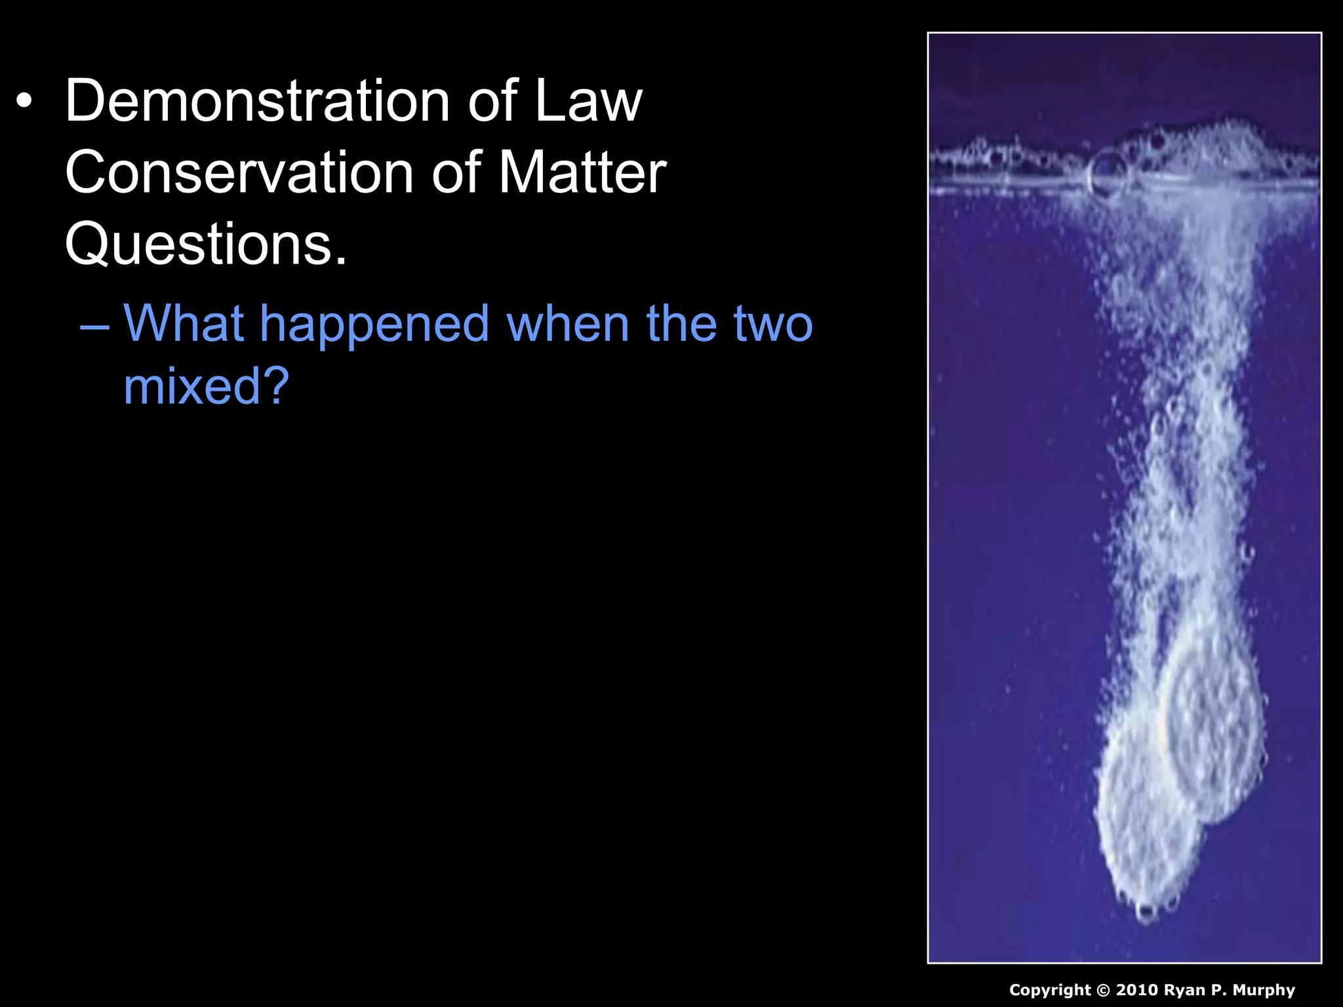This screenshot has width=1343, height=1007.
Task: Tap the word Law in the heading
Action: point(588,101)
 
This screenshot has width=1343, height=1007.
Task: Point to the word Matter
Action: point(582,172)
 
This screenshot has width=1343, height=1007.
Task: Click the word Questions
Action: point(205,244)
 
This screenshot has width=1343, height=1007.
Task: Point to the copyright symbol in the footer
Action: point(1103,990)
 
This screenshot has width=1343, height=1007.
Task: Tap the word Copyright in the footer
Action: point(1050,990)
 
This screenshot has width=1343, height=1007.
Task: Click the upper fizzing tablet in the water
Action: point(1213,721)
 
